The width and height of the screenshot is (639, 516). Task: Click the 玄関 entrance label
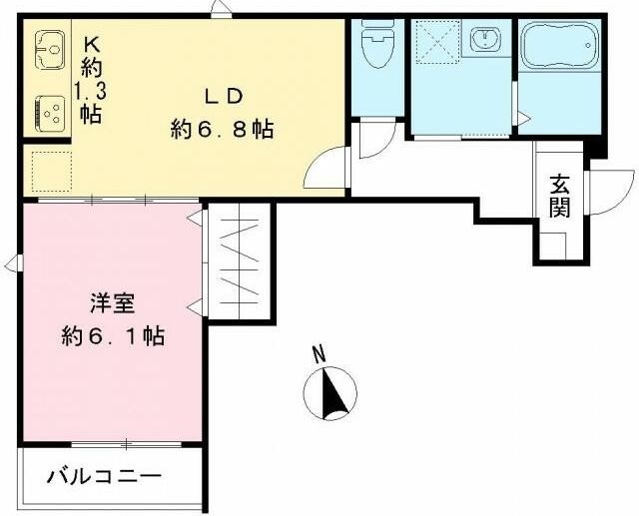tap(560, 196)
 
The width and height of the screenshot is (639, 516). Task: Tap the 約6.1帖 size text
tap(110, 335)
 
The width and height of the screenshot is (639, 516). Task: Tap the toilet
tap(377, 44)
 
